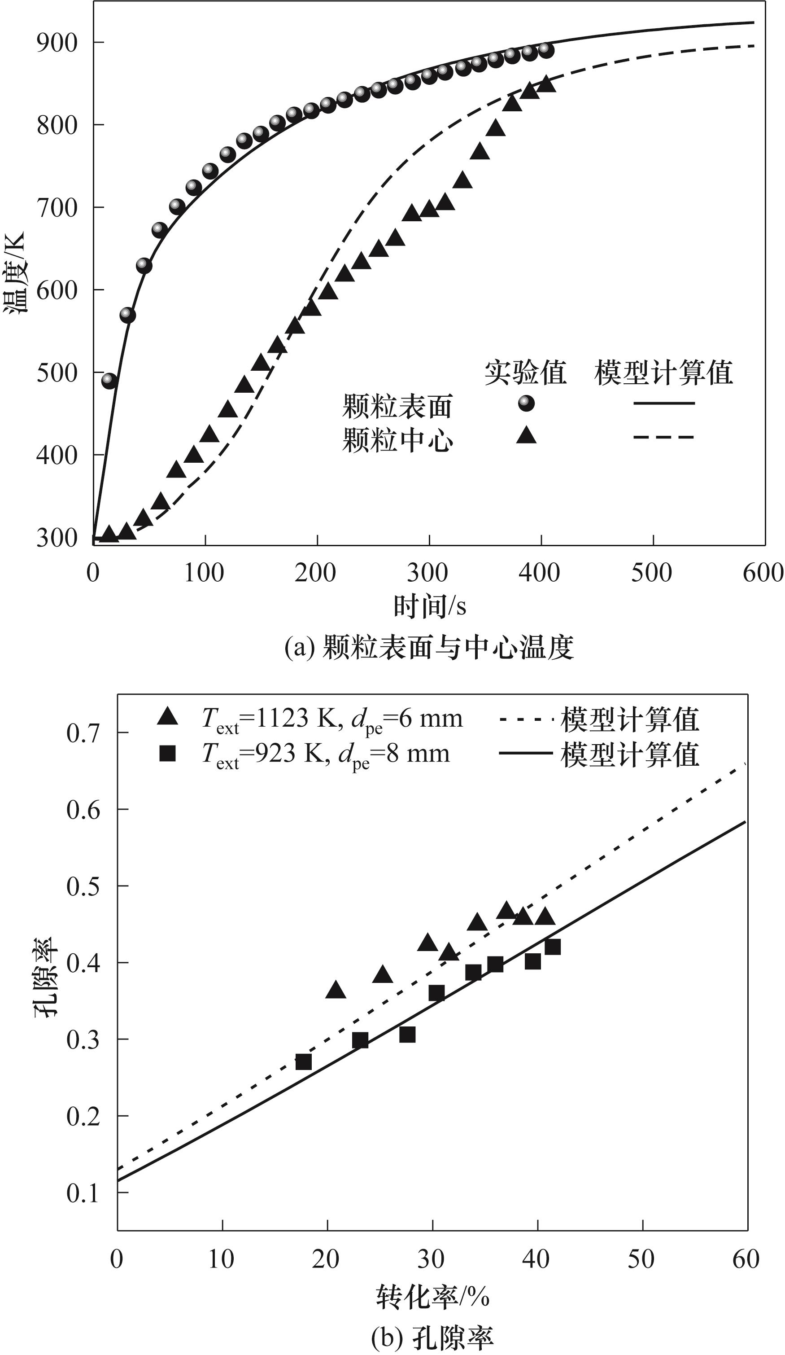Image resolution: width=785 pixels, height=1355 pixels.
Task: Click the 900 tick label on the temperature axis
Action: (x=57, y=43)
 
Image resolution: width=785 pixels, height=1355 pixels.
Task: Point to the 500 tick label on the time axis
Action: (x=651, y=573)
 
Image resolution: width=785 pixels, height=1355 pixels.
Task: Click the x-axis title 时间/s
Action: (x=429, y=606)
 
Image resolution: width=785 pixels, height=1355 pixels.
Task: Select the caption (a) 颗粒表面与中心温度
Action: (x=429, y=647)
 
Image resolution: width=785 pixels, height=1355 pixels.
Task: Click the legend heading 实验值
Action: (x=525, y=373)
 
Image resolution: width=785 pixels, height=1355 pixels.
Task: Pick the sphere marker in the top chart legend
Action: (x=526, y=403)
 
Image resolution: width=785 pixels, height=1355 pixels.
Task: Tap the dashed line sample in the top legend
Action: (x=663, y=437)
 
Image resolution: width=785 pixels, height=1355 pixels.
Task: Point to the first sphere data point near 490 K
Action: (x=109, y=381)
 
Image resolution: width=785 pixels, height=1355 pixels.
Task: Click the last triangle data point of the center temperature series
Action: (x=546, y=84)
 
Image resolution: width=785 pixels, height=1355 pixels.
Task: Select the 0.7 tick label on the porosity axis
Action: (x=83, y=732)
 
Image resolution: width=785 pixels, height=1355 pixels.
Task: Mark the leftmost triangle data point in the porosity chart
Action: (x=336, y=990)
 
